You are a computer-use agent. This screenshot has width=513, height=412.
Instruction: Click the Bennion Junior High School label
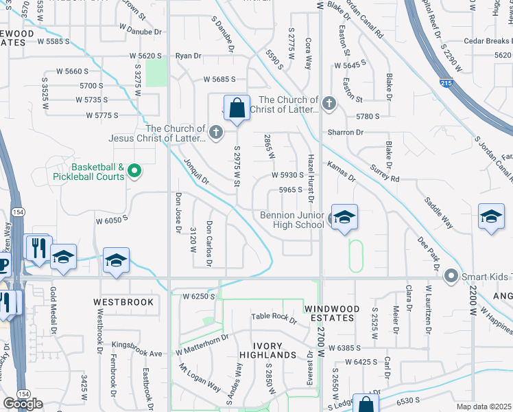pos(291,220)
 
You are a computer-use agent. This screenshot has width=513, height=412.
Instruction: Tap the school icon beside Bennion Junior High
pos(344,218)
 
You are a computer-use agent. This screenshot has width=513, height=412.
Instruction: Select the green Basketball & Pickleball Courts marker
pos(134,171)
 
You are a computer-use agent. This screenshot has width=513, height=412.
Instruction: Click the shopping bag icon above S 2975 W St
pos(237,108)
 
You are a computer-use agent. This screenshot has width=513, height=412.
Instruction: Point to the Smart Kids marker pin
pos(451,276)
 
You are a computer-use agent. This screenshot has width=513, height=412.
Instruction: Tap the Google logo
pos(23,404)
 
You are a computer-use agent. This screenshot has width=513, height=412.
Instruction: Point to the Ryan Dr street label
pos(189,56)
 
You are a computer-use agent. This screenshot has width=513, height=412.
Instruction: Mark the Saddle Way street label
pos(439,213)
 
